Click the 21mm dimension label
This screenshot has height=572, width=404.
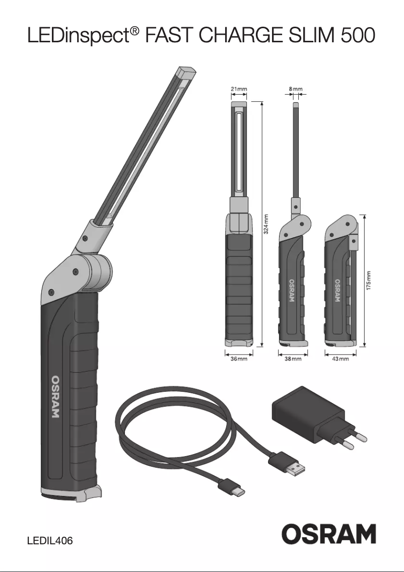click(239, 89)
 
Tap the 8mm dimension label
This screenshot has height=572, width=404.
click(296, 89)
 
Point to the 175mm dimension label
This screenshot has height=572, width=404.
click(370, 281)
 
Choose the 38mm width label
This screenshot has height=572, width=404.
click(293, 359)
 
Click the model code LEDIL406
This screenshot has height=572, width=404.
click(50, 541)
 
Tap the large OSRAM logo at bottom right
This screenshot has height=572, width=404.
click(328, 534)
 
